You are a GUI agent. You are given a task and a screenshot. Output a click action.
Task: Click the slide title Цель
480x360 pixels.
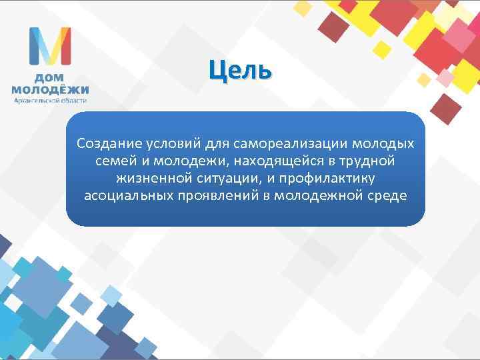[239, 69]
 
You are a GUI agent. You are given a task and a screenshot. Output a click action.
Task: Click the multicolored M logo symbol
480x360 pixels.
[50, 46]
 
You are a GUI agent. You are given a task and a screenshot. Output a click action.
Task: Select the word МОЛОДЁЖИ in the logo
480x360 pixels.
[50, 89]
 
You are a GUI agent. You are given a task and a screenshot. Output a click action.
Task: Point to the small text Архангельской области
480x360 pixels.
[50, 100]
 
